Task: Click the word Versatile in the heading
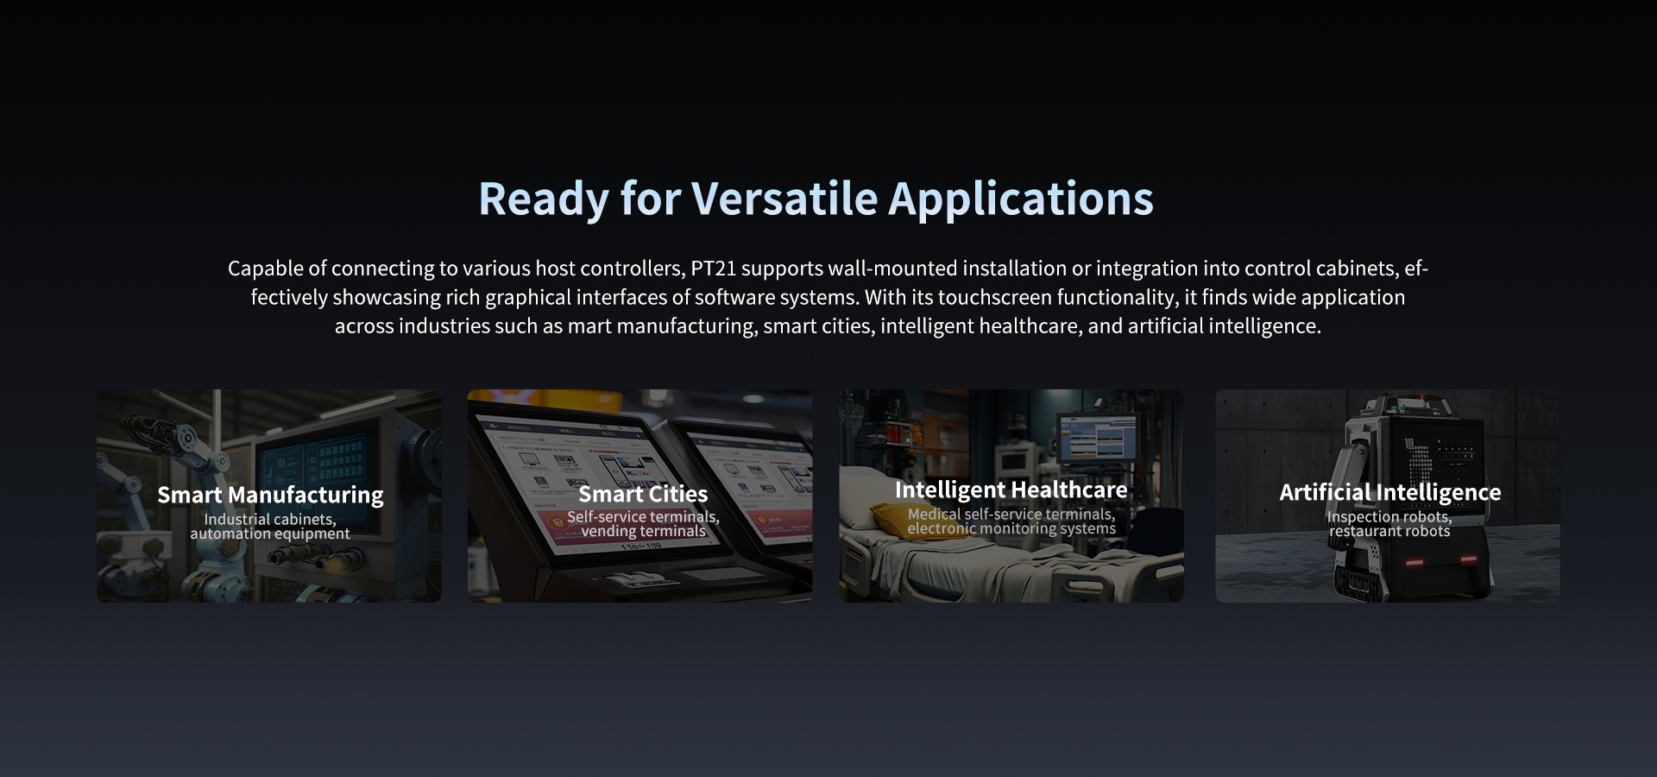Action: click(784, 199)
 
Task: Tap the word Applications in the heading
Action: click(1021, 199)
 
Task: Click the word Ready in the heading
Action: click(544, 199)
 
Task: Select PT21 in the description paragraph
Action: click(713, 268)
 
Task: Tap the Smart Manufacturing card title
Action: click(270, 495)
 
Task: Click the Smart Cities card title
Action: click(643, 494)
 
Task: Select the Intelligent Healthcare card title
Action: click(1011, 490)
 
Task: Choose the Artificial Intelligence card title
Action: click(1389, 492)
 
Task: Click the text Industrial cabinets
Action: click(269, 519)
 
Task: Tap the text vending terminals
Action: click(643, 532)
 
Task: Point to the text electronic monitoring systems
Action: click(1011, 529)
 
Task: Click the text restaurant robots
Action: click(1389, 532)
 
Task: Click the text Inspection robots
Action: click(1389, 517)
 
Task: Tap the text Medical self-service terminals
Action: click(1011, 515)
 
